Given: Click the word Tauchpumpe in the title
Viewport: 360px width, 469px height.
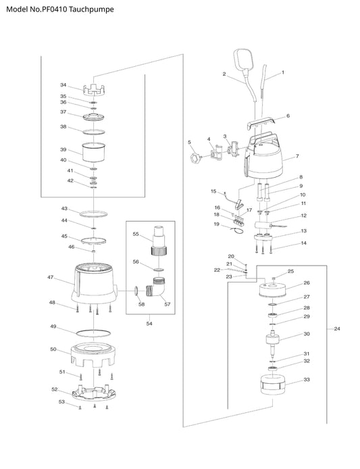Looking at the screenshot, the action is click(x=91, y=9).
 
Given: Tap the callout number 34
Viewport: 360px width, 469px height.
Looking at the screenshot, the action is click(x=63, y=85).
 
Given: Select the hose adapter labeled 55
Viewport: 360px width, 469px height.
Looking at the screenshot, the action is click(x=159, y=241).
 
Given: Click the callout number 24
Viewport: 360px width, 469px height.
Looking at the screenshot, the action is click(x=337, y=328).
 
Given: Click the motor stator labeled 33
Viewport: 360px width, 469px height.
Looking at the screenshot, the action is click(x=272, y=385).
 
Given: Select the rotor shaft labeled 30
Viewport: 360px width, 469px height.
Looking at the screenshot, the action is click(x=273, y=343).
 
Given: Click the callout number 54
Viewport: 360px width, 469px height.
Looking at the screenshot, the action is click(x=149, y=324).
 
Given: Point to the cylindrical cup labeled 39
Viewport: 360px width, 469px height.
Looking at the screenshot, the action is click(x=94, y=152).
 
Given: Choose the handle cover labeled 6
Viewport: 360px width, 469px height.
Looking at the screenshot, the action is click(x=261, y=122).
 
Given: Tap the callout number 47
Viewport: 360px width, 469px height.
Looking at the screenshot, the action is click(x=51, y=277).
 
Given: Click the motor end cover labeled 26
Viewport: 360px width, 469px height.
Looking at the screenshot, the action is click(x=272, y=289).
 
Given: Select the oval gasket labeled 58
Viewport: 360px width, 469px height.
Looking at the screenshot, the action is click(x=136, y=291).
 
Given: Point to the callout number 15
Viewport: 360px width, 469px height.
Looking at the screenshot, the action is click(x=213, y=191).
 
